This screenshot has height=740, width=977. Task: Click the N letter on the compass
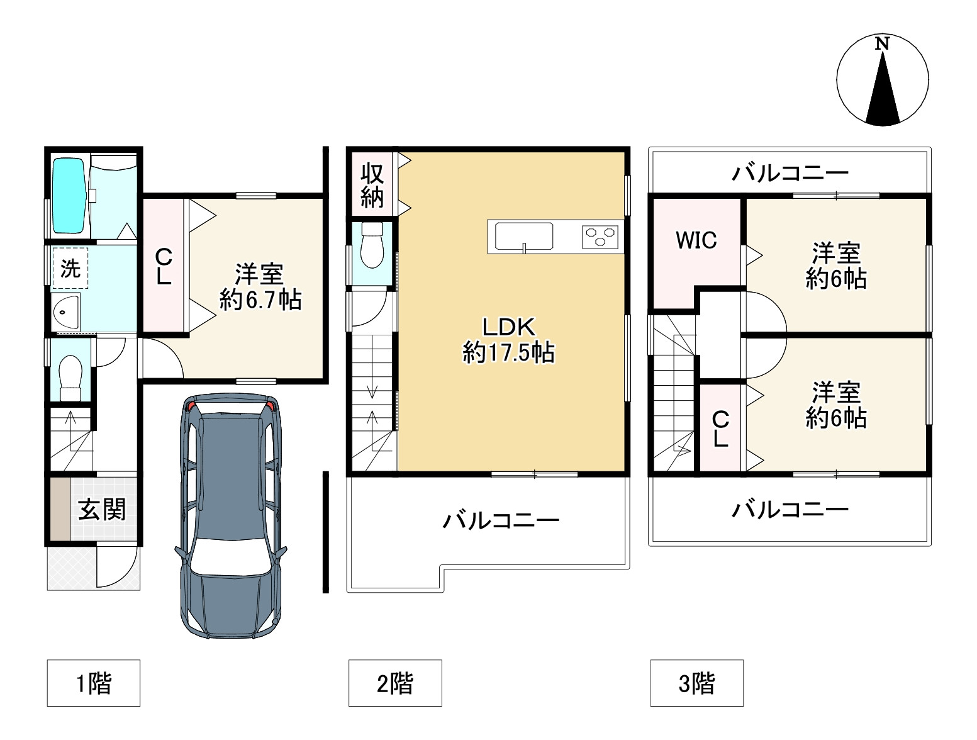click(x=882, y=44)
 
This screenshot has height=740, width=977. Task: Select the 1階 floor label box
click(x=93, y=683)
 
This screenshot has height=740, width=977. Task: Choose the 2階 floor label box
click(x=395, y=683)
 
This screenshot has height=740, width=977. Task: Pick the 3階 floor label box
click(x=696, y=683)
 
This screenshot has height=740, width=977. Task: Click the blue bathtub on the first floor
click(x=69, y=196)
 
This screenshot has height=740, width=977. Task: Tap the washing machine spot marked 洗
click(x=70, y=268)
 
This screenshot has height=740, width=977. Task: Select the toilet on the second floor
click(x=372, y=245)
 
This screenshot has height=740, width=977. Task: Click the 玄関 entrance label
click(x=102, y=509)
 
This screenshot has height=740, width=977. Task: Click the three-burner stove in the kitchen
click(x=601, y=237)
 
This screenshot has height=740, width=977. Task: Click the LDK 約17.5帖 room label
click(x=508, y=339)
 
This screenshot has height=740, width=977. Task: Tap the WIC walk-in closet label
click(x=696, y=240)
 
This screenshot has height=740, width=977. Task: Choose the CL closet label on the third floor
click(x=720, y=429)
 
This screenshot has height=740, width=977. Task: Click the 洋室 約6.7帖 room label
click(x=260, y=287)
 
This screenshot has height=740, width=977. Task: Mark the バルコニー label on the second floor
click(x=501, y=520)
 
